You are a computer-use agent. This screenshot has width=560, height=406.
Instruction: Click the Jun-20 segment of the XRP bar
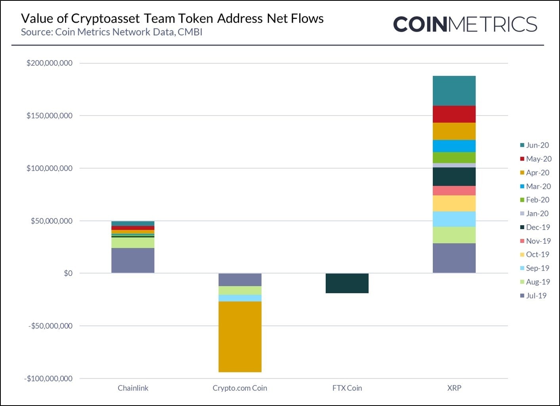(x=454, y=91)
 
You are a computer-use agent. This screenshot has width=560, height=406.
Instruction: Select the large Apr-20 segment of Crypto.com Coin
(x=240, y=337)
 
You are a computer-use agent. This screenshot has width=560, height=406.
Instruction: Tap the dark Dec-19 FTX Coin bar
(x=347, y=283)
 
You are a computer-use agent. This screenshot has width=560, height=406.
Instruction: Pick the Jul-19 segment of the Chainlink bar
(x=133, y=260)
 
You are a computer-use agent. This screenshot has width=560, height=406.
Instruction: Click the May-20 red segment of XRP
(x=454, y=114)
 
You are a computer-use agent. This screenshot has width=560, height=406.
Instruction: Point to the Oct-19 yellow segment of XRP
(x=454, y=203)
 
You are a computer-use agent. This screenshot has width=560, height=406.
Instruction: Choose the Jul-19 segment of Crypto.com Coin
(x=240, y=280)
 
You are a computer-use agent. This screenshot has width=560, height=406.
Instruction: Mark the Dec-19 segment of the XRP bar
(x=454, y=176)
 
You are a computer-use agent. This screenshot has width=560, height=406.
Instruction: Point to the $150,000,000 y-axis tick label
(x=50, y=116)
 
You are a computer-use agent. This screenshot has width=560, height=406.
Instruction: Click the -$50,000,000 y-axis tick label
(x=50, y=326)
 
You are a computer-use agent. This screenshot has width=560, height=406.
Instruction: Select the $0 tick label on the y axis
(x=68, y=273)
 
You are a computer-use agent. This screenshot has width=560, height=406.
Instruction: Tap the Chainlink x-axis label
(x=133, y=388)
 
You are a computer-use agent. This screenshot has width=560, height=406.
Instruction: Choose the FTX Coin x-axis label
(x=347, y=388)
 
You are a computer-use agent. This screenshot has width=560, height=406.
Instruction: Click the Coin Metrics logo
(x=465, y=25)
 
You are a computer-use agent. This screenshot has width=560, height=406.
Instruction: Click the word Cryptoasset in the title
(x=105, y=19)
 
